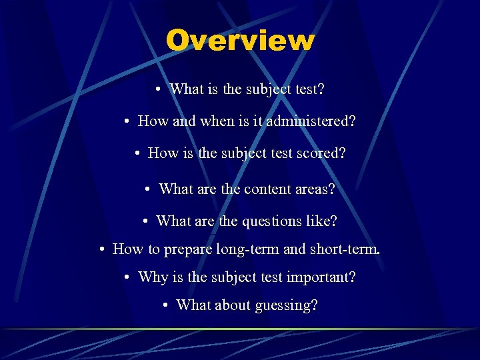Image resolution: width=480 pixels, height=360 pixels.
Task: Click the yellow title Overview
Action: tap(240, 40)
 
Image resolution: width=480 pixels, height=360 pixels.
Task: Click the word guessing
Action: tap(289, 305)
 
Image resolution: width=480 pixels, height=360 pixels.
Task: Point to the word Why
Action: tap(153, 277)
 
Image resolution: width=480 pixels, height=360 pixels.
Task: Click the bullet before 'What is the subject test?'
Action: tap(155, 89)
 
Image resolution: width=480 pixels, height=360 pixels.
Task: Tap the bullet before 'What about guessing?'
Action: tap(166, 305)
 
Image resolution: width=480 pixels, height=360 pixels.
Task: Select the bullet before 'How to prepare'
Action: tap(103, 249)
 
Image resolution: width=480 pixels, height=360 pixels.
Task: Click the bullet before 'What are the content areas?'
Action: tap(149, 189)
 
